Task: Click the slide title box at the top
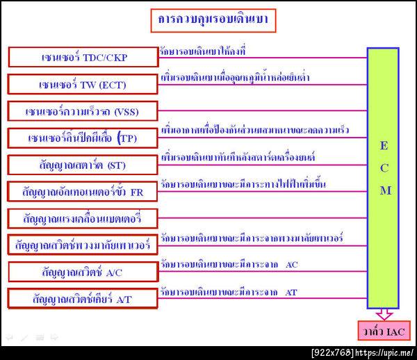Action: (x=213, y=21)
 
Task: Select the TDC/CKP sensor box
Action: (x=83, y=57)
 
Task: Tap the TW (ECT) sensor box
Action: (x=83, y=84)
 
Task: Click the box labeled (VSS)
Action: (x=83, y=111)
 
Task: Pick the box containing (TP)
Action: (x=83, y=138)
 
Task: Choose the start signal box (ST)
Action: (x=83, y=165)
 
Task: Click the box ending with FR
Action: (x=83, y=191)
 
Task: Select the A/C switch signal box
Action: (x=83, y=272)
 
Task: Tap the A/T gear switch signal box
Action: (x=83, y=298)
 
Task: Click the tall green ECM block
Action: (x=383, y=177)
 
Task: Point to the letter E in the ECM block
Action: (x=384, y=145)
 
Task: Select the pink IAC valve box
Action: (x=383, y=331)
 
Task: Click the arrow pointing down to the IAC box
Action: (x=383, y=315)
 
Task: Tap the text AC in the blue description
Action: (x=292, y=265)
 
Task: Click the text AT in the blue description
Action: (x=291, y=293)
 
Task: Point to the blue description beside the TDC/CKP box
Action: (x=202, y=51)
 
